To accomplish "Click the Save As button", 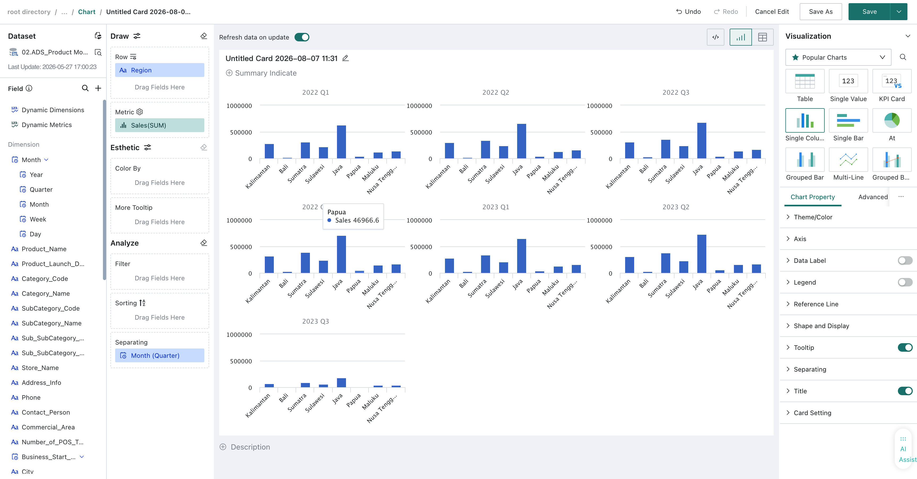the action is [820, 12].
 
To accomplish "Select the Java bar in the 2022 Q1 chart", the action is [341, 142].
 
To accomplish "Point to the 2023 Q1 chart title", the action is [496, 207].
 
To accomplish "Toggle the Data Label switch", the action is [905, 260].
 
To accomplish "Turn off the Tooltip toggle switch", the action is [905, 347].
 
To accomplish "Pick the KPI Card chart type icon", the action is [892, 81].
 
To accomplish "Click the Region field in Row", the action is [159, 70].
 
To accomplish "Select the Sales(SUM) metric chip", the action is [159, 125].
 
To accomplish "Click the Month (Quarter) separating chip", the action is [159, 355].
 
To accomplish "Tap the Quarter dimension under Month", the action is [41, 190].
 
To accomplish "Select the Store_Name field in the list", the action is [40, 368].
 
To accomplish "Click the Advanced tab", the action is [873, 197].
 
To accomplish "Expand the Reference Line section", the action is [816, 304].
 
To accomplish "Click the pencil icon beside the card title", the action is [345, 58].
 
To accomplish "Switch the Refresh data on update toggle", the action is [302, 37].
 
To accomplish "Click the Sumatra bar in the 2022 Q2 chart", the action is [486, 150].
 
